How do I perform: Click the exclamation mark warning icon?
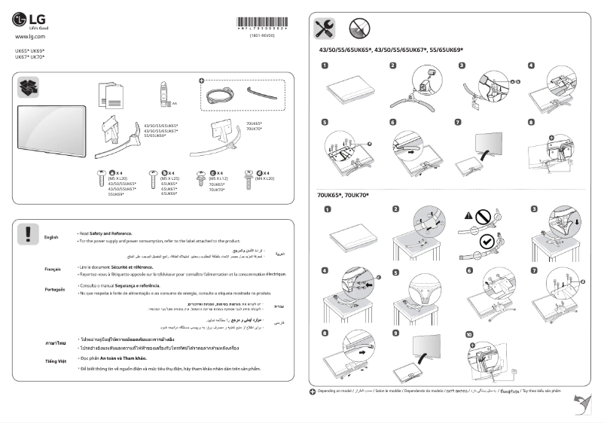[x=28, y=233]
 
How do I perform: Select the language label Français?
[x=52, y=269]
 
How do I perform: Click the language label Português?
[x=54, y=290]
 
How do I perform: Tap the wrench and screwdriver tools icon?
[x=325, y=29]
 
